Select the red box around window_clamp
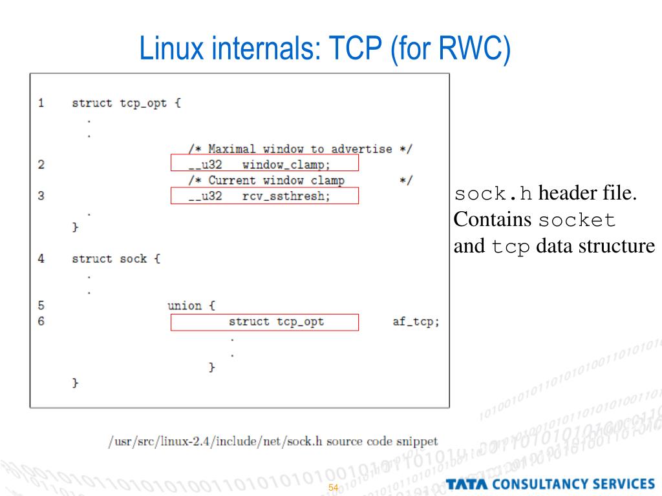(x=264, y=163)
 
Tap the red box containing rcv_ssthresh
(x=264, y=196)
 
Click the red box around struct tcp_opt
(x=264, y=322)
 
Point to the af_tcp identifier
(x=416, y=321)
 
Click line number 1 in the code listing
(x=41, y=103)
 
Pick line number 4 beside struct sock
(x=41, y=258)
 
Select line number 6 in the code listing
(x=41, y=321)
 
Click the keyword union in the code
(x=184, y=305)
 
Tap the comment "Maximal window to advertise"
(x=300, y=149)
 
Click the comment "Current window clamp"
(x=276, y=180)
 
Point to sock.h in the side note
(x=494, y=194)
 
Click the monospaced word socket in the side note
(x=577, y=220)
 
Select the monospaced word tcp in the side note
(x=511, y=247)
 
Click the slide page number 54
(x=334, y=488)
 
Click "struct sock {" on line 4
(x=116, y=258)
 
